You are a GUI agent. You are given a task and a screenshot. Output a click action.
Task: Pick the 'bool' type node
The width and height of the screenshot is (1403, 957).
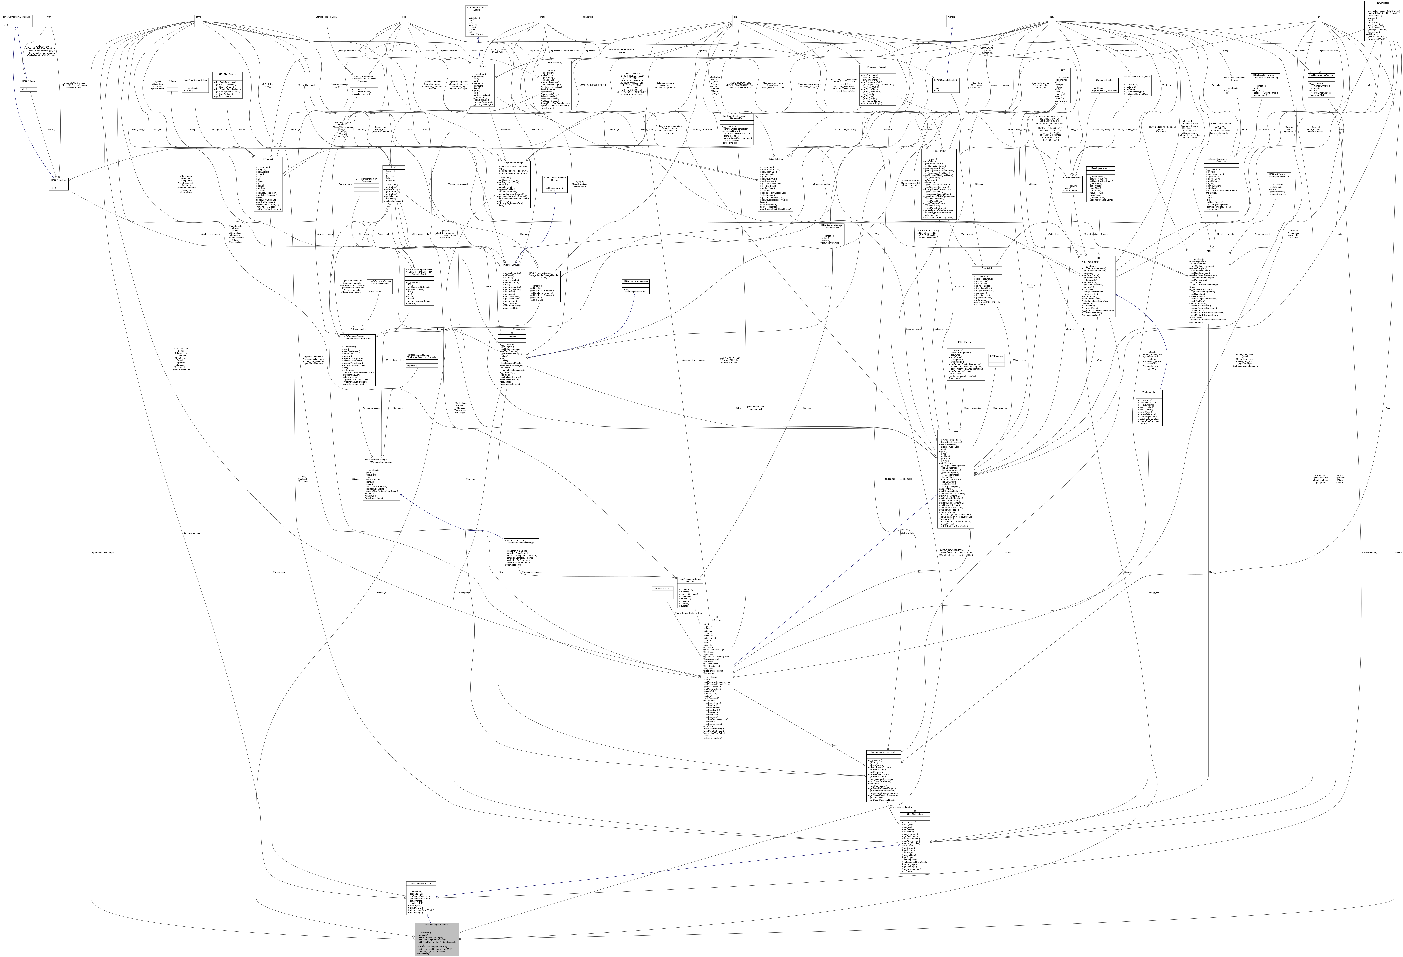pyautogui.click(x=404, y=17)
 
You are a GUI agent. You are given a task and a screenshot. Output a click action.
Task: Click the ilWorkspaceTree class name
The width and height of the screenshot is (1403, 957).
pyautogui.click(x=1149, y=392)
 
